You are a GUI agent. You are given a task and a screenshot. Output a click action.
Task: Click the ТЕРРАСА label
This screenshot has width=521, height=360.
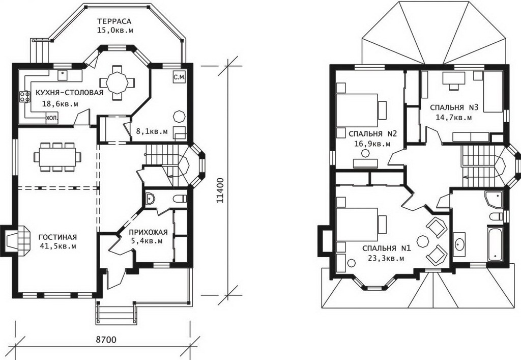click(x=114, y=21)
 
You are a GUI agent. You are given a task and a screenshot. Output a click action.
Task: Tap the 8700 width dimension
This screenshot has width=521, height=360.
click(x=106, y=340)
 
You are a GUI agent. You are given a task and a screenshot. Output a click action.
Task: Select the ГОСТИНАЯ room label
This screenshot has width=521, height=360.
click(x=57, y=237)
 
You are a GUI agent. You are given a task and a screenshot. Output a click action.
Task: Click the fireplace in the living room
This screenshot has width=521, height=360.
click(x=17, y=241)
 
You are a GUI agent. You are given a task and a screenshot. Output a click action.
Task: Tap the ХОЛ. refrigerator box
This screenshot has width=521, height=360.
click(x=52, y=118)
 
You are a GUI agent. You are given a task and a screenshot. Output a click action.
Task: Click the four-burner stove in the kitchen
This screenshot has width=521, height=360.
click(x=24, y=97)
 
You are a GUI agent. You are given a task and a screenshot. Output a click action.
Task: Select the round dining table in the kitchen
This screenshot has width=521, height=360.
click(x=117, y=82)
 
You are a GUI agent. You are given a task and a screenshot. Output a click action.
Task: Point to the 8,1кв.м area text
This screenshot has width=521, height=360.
click(x=152, y=131)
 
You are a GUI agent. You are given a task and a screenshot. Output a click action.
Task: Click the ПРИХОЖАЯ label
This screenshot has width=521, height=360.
click(x=148, y=232)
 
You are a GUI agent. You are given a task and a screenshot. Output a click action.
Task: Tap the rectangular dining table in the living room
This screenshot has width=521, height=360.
click(x=57, y=157)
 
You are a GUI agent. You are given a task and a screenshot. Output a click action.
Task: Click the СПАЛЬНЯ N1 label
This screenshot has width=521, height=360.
click(x=387, y=248)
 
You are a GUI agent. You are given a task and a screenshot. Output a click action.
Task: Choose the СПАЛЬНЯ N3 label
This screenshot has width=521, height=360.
click(x=454, y=107)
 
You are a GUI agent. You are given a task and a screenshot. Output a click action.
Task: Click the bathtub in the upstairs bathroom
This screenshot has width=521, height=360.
click(x=495, y=243)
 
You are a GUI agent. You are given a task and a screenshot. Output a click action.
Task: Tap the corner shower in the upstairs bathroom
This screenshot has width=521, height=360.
click(x=495, y=199)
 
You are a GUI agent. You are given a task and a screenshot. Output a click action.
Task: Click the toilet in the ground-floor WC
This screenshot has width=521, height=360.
click(x=180, y=199)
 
